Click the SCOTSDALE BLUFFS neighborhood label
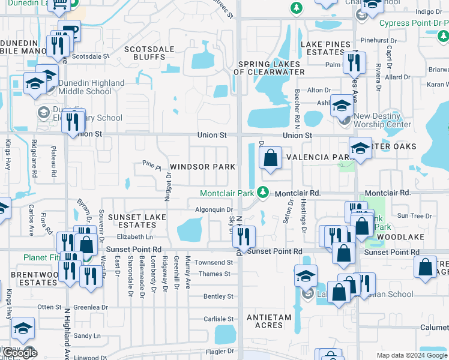tap(145, 53)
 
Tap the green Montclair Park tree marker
tap(262, 192)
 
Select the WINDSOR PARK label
tap(202, 166)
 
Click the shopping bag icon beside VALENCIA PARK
tap(271, 158)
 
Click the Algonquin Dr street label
tap(209, 209)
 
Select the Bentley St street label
tap(218, 296)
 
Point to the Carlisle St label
tap(218, 319)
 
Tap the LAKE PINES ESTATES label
tap(325, 49)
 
